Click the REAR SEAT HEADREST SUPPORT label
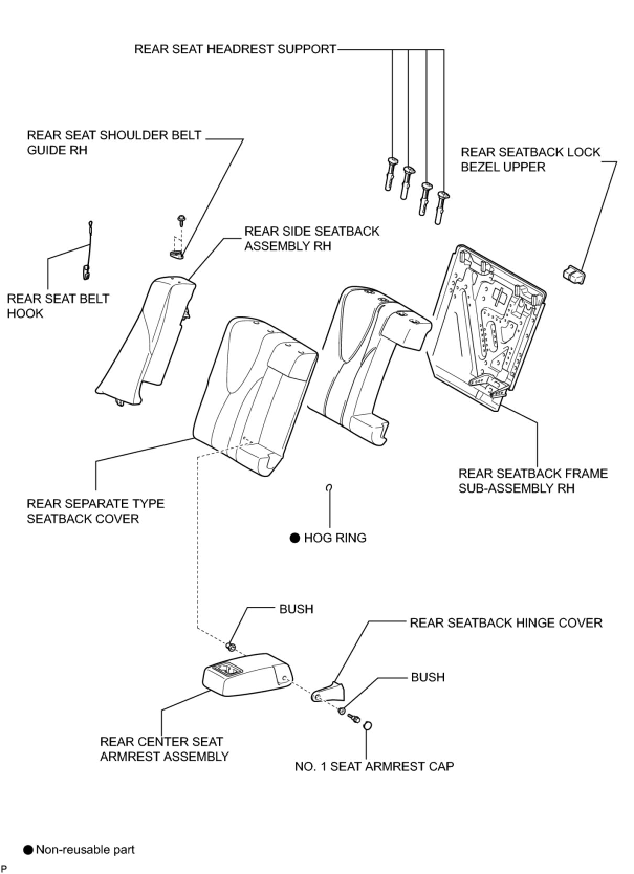[x=235, y=49]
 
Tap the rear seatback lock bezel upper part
[x=573, y=275]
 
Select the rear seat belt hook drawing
[x=89, y=252]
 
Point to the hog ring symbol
[x=329, y=488]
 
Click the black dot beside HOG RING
[x=294, y=538]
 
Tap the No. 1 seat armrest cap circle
[x=367, y=725]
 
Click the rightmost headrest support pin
[x=441, y=207]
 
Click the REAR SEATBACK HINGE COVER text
[x=506, y=622]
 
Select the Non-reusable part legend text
[x=85, y=849]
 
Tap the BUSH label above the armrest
[x=296, y=609]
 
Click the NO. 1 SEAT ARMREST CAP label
[x=374, y=767]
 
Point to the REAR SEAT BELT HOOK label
[x=58, y=306]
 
